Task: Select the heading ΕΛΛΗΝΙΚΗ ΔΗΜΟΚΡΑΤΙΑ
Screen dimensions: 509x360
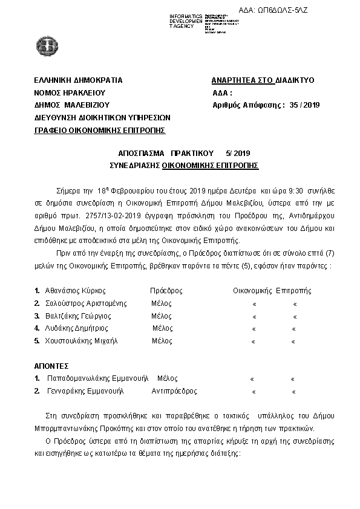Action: pyautogui.click(x=78, y=80)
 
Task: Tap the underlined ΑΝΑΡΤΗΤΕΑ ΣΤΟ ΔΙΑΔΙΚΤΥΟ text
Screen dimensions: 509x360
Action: pyautogui.click(x=263, y=80)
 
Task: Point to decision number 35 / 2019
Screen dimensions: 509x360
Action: pyautogui.click(x=303, y=105)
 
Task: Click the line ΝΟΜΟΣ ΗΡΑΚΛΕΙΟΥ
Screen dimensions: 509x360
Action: pyautogui.click(x=70, y=92)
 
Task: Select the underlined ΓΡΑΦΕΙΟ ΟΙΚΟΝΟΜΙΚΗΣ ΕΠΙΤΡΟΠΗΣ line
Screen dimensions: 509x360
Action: pyautogui.click(x=100, y=129)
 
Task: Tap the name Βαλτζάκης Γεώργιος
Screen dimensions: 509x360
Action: pyautogui.click(x=78, y=316)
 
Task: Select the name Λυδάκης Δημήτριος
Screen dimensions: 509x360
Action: pyautogui.click(x=76, y=328)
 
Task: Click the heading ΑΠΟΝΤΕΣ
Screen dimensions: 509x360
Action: pyautogui.click(x=51, y=366)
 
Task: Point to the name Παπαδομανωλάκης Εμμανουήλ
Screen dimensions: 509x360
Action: pyautogui.click(x=97, y=379)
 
